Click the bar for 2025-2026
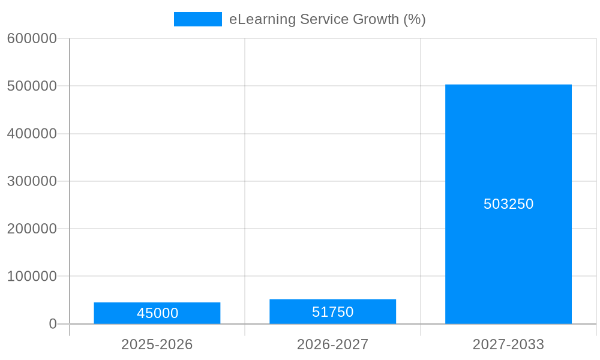157,306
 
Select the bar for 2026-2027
332,304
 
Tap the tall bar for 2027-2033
508,150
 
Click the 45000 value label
157,313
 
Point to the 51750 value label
332,312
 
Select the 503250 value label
508,204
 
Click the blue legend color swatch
197,19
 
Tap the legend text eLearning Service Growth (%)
327,19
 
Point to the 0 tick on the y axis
53,324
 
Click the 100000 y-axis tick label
32,277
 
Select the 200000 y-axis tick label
32,229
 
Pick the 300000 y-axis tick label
32,181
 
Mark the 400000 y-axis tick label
32,134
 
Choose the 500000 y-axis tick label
32,86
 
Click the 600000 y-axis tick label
32,38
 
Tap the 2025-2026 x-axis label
157,344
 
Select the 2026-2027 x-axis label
332,344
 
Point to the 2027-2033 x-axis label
508,344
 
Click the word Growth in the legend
376,19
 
